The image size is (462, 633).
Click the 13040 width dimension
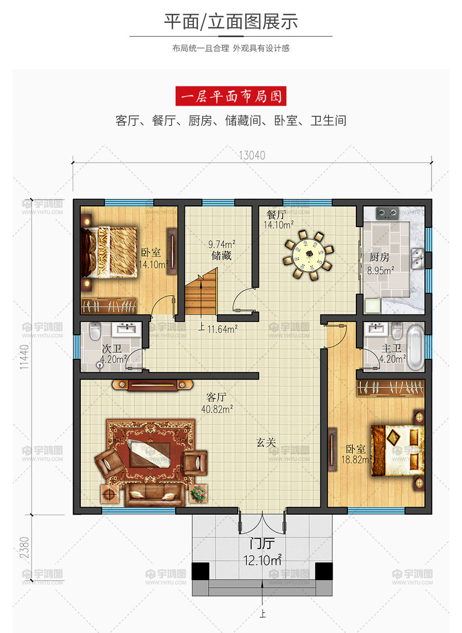(252, 155)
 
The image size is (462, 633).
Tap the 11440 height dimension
(24, 357)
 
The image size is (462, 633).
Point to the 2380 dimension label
(24, 547)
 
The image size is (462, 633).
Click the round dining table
(308, 255)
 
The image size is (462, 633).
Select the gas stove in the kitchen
(387, 213)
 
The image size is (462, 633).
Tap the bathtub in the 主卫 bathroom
(416, 347)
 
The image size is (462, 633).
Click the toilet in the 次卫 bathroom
(95, 331)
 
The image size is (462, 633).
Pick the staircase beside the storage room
(201, 292)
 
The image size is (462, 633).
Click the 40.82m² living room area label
(217, 409)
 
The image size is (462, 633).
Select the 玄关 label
(266, 442)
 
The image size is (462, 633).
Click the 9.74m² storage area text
(222, 244)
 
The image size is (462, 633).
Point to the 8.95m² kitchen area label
(380, 270)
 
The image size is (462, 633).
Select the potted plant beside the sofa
(198, 493)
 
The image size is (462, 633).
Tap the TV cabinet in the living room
(152, 385)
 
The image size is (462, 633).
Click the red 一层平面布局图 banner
(230, 96)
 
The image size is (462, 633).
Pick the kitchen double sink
(417, 259)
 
